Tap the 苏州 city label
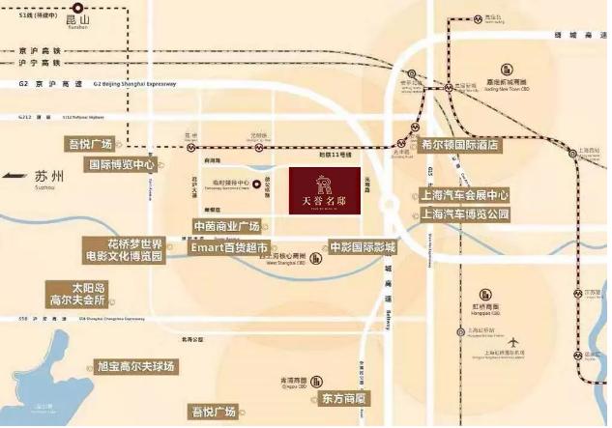coord(46,177)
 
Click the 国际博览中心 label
coord(122,164)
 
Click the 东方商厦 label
coord(345,397)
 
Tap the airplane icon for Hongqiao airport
coord(512,342)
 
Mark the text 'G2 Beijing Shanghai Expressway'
coord(135,85)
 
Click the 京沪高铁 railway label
coord(40,50)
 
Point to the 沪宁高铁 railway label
coord(40,63)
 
